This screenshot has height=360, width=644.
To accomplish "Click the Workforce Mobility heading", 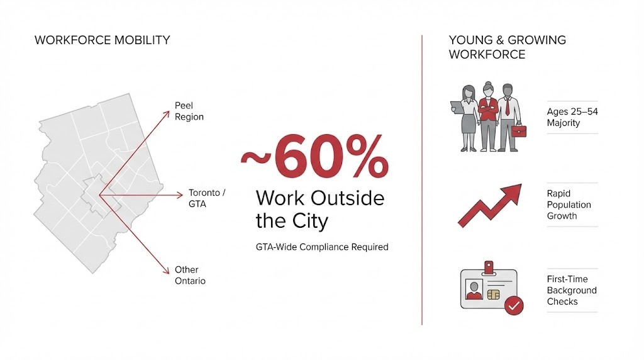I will click(102, 40).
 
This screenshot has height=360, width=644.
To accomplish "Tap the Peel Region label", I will click(189, 111).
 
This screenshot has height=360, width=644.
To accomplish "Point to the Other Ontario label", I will click(190, 275).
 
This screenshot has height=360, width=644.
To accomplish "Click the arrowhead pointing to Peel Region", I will click(167, 113).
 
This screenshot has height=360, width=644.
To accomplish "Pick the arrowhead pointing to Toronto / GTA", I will click(180, 196).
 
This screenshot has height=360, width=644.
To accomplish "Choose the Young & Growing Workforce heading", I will click(507, 47).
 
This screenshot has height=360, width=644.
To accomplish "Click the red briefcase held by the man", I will click(519, 131).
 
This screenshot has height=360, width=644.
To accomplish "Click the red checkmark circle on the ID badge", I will click(514, 306).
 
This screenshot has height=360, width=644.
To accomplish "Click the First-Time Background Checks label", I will click(571, 290).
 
